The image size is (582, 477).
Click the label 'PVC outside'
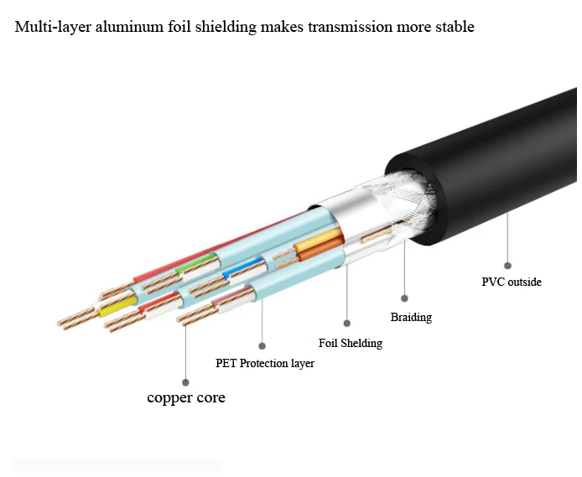(x=511, y=282)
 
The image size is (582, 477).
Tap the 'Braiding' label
(x=411, y=317)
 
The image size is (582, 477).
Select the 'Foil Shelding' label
(x=351, y=343)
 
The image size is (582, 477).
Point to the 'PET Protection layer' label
(x=265, y=363)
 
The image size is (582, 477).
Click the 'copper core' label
(x=185, y=397)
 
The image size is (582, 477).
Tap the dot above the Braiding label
(x=404, y=298)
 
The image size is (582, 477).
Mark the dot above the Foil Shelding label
(x=346, y=323)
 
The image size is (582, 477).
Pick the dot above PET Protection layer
(x=262, y=345)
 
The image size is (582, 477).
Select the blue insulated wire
(x=243, y=268)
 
